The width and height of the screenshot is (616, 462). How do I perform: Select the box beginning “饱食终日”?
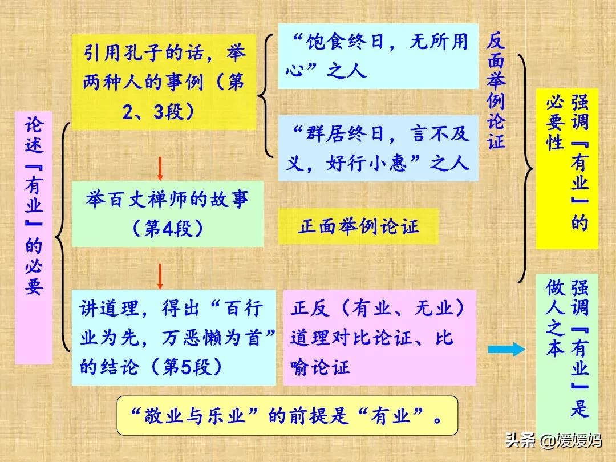[x=378, y=56]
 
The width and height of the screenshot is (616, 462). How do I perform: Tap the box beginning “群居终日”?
[x=378, y=148]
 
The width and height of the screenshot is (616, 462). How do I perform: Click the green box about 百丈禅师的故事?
[x=167, y=214]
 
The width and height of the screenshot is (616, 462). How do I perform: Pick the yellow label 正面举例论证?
[x=358, y=226]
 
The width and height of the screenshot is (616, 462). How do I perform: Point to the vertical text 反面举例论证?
[x=496, y=91]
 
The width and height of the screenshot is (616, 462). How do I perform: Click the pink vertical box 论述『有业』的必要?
[x=34, y=237]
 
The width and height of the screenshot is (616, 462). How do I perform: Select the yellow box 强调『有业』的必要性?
[x=566, y=168]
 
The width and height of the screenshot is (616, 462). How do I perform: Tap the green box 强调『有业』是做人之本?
[x=566, y=348]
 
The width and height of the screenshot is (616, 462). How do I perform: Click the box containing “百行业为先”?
[x=173, y=338]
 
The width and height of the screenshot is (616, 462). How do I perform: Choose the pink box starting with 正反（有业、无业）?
[x=379, y=338]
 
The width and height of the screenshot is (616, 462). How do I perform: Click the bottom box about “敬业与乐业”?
[x=287, y=416]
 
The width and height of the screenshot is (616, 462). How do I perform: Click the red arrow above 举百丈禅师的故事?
[x=160, y=168]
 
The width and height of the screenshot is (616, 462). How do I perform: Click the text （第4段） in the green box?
[x=167, y=229]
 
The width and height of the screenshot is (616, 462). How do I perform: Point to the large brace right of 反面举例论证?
[x=525, y=168]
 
